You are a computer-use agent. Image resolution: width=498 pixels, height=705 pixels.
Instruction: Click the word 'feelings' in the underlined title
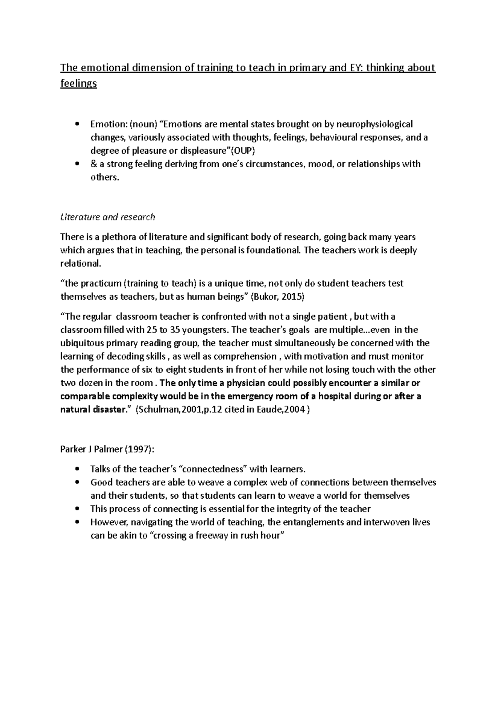(x=78, y=83)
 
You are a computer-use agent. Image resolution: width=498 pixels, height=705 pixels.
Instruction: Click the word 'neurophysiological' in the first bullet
(x=374, y=124)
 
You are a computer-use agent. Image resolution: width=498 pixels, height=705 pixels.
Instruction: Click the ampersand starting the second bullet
(x=93, y=164)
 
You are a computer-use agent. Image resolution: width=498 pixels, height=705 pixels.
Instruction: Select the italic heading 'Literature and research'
(x=107, y=217)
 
